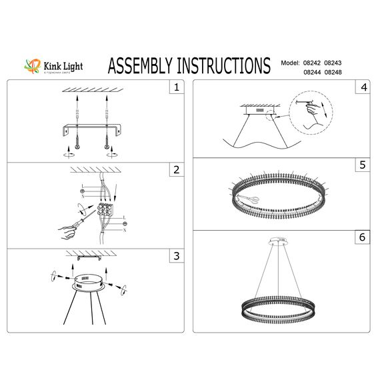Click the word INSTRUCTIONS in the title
click(x=228, y=65)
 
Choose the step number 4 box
click(x=363, y=87)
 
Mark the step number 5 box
click(x=363, y=164)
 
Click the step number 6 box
click(x=363, y=237)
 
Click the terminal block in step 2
click(x=104, y=214)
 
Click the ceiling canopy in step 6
click(x=277, y=239)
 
